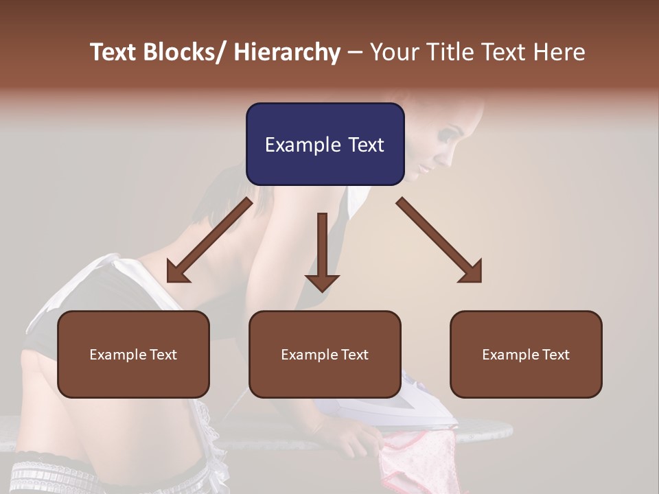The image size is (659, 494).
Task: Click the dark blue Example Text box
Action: pyautogui.click(x=325, y=144)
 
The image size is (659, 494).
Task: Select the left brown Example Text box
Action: pyautogui.click(x=133, y=354)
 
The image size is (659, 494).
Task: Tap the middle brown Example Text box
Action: pyautogui.click(x=325, y=354)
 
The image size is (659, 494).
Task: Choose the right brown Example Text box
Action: pyautogui.click(x=526, y=354)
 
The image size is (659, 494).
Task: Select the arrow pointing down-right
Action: pyautogui.click(x=439, y=240)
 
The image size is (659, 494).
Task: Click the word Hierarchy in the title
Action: pyautogui.click(x=287, y=52)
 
